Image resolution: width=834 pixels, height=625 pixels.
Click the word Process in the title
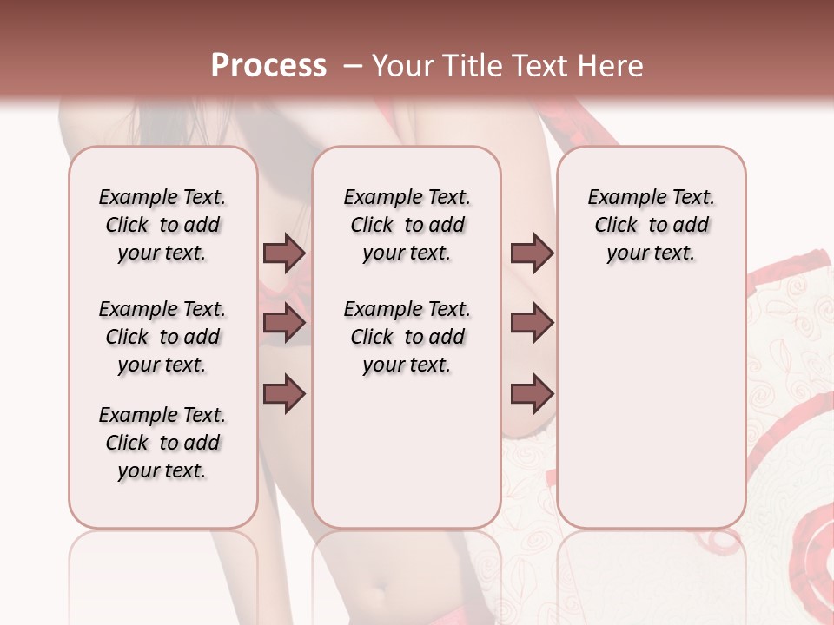click(268, 66)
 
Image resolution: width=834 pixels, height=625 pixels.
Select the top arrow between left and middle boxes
click(284, 253)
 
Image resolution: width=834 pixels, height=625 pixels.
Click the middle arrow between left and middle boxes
click(284, 323)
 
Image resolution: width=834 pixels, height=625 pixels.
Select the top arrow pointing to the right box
click(532, 253)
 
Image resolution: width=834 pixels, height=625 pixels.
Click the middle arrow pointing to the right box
click(532, 323)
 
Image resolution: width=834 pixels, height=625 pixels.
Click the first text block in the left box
click(162, 226)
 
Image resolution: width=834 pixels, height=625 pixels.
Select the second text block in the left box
click(162, 337)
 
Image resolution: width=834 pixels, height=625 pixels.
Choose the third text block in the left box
click(162, 443)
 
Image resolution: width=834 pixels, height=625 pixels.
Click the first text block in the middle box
click(407, 226)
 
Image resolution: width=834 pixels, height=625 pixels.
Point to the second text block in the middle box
click(407, 337)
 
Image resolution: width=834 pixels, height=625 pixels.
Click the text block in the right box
click(651, 226)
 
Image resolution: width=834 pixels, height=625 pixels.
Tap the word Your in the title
click(400, 66)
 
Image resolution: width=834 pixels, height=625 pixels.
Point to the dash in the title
click(353, 66)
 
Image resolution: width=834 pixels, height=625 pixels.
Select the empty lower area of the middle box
click(407, 451)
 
